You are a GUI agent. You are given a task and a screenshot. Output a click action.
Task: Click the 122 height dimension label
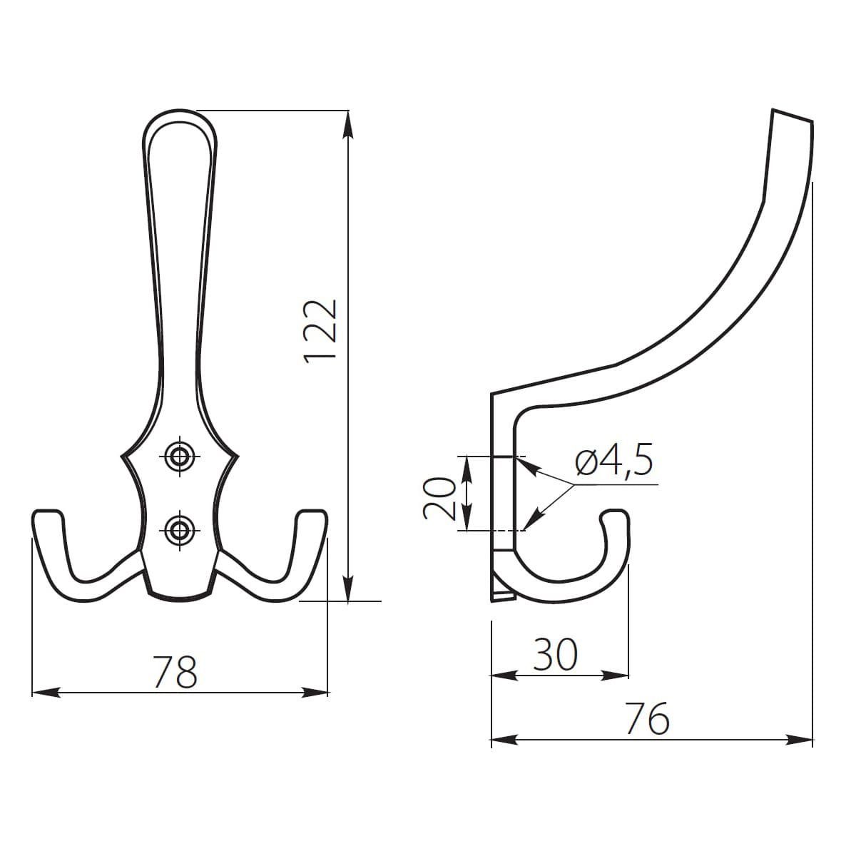[320, 332]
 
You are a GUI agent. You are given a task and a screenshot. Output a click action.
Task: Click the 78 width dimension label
[176, 672]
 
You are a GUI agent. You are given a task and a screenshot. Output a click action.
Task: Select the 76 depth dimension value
[648, 718]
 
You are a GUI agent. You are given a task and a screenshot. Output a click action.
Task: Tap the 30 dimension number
[556, 654]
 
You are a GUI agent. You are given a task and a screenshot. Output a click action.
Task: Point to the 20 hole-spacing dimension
[439, 497]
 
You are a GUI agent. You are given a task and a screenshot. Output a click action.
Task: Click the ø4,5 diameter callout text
[613, 463]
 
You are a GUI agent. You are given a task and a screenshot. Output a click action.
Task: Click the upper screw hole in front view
[177, 455]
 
